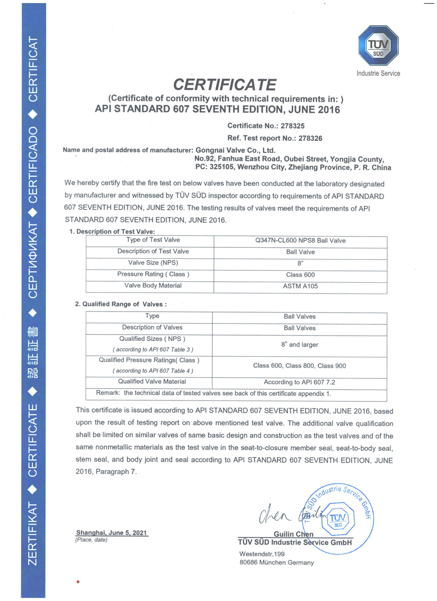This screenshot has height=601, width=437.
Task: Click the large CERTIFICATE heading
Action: pos(225,84)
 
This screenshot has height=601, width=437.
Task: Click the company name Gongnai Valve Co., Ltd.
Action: pos(234,150)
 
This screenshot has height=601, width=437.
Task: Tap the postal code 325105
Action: pos(222,168)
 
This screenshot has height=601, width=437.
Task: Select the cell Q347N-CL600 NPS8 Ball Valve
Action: pos(301,241)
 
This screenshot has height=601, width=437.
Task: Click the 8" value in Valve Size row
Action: pos(301,263)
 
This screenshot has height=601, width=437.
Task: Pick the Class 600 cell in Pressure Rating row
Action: pos(301,275)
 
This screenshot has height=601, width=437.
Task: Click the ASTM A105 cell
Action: pos(301,286)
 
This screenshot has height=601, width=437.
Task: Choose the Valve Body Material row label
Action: pos(153,285)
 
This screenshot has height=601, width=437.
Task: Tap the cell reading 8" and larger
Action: pos(300,345)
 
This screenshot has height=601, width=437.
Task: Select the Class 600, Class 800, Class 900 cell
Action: pos(300,366)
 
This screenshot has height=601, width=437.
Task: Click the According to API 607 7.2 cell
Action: pos(300,383)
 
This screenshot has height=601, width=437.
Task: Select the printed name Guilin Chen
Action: pos(294,534)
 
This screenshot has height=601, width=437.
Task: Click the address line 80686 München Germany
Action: pos(277,562)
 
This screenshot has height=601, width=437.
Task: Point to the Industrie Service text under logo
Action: pos(378,74)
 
